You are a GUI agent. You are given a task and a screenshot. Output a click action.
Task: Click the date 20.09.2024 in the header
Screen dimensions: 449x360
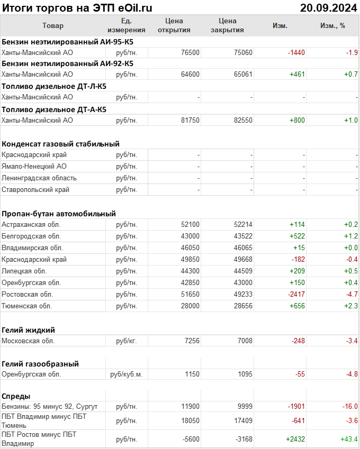(329, 7)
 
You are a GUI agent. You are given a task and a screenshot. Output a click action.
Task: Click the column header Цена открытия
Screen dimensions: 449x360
(174, 25)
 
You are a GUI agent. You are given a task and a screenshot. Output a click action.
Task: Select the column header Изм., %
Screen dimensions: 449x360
(332, 25)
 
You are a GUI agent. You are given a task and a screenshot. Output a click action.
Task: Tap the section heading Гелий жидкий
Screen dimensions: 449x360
(29, 329)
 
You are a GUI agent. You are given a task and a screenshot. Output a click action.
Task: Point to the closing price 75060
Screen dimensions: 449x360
(243, 52)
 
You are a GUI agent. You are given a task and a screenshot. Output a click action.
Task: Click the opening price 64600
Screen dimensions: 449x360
(190, 75)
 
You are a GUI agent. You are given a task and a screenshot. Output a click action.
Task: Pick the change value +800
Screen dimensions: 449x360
(297, 120)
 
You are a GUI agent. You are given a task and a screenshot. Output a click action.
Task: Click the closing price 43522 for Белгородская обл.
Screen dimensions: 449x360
(243, 236)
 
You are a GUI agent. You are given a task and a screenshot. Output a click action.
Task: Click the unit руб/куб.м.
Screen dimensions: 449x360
(126, 374)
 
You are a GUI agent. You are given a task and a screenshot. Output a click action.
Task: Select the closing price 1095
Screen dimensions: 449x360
(245, 374)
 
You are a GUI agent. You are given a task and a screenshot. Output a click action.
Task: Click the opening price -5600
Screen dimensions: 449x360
(190, 439)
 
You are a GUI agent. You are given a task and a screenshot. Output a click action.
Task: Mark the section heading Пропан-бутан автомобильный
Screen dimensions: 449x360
(59, 214)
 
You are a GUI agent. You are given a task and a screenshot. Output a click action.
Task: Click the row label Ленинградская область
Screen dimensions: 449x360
(39, 178)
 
